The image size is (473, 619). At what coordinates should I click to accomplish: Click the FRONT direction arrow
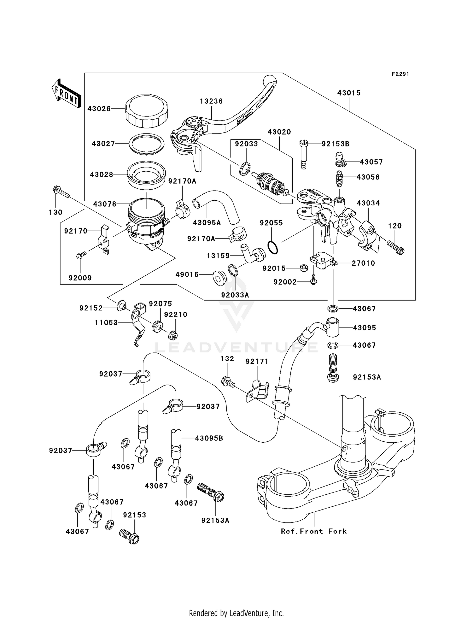(66, 94)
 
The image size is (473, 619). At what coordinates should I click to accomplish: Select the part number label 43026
(99, 109)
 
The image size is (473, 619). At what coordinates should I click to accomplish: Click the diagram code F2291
(400, 74)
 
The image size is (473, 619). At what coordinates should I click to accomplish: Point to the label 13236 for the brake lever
(211, 101)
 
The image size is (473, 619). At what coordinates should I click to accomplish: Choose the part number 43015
(349, 93)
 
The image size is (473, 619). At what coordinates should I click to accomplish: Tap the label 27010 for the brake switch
(363, 263)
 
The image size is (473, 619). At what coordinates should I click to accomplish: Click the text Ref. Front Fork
(314, 531)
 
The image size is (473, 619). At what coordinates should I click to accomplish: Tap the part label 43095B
(209, 438)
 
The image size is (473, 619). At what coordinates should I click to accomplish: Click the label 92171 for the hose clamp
(257, 362)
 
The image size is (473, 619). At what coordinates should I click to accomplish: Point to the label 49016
(187, 274)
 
